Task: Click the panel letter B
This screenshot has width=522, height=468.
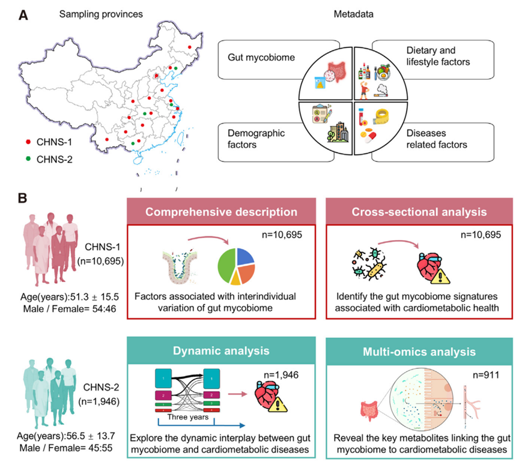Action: (22, 196)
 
